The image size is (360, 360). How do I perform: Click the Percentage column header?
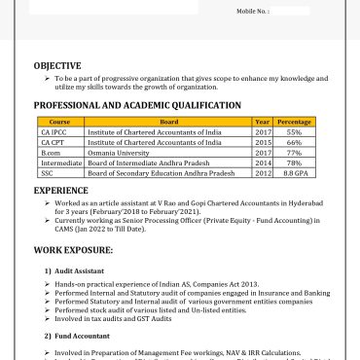[294, 123]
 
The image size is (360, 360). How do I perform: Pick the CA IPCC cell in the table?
[54, 132]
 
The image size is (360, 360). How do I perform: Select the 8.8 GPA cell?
[294, 172]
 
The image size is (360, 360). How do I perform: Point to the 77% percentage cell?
[294, 152]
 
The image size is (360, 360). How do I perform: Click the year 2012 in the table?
[263, 172]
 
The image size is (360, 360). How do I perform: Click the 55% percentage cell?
[294, 132]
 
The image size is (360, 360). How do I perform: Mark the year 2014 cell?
[263, 162]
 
